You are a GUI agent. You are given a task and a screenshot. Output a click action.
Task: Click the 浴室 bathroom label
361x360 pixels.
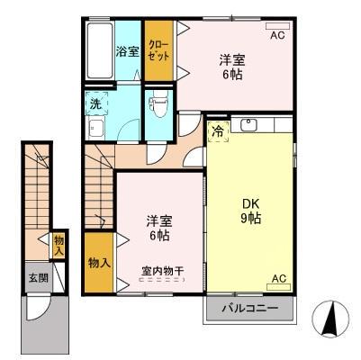point(127,51)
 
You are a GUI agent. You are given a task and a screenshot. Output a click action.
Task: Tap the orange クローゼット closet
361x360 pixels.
point(158,49)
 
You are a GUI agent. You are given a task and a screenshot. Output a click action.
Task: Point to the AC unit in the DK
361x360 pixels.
point(278,280)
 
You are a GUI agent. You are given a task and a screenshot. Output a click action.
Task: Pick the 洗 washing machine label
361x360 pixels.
point(95,103)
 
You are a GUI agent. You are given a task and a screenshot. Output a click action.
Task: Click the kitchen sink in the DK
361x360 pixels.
point(249,125)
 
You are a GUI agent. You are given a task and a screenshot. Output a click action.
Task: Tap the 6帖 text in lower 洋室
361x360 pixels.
point(158,236)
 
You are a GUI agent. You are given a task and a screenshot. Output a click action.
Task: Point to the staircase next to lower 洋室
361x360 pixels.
point(98,180)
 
